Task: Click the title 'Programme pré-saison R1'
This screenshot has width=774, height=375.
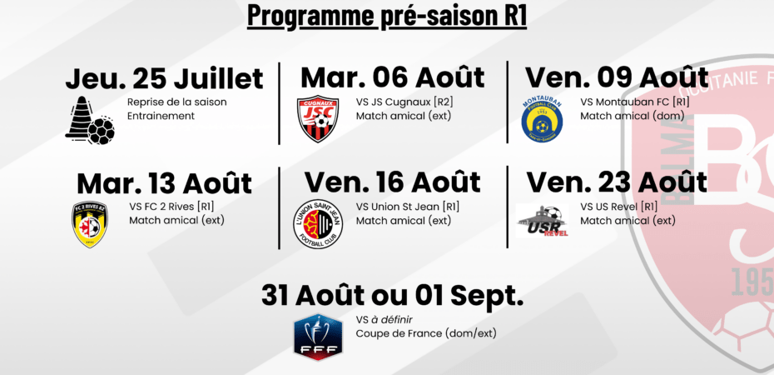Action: (386, 15)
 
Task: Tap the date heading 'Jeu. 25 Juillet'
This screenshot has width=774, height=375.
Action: (165, 79)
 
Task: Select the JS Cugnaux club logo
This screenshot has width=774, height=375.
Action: (318, 118)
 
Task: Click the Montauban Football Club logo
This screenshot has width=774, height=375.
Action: (542, 119)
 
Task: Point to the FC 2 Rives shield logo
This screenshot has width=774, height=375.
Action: (90, 224)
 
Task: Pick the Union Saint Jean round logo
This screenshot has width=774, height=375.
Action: (318, 225)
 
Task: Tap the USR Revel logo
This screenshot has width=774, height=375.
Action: (542, 221)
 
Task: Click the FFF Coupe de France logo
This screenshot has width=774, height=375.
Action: (318, 337)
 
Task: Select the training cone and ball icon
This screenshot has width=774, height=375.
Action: (90, 120)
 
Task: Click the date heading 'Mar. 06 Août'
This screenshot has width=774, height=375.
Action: (393, 77)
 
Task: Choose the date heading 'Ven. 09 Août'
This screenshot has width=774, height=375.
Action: (617, 77)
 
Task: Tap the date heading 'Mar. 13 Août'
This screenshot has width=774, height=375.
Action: (165, 183)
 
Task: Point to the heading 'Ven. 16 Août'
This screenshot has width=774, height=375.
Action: (393, 182)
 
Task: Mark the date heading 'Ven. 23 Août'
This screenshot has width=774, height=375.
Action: (617, 182)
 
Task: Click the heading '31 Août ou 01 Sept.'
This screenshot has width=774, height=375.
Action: (393, 296)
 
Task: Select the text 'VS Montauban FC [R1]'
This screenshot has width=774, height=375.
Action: (635, 102)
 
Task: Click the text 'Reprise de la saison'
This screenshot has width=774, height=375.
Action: (177, 102)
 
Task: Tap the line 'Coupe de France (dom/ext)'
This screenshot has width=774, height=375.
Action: (426, 333)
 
